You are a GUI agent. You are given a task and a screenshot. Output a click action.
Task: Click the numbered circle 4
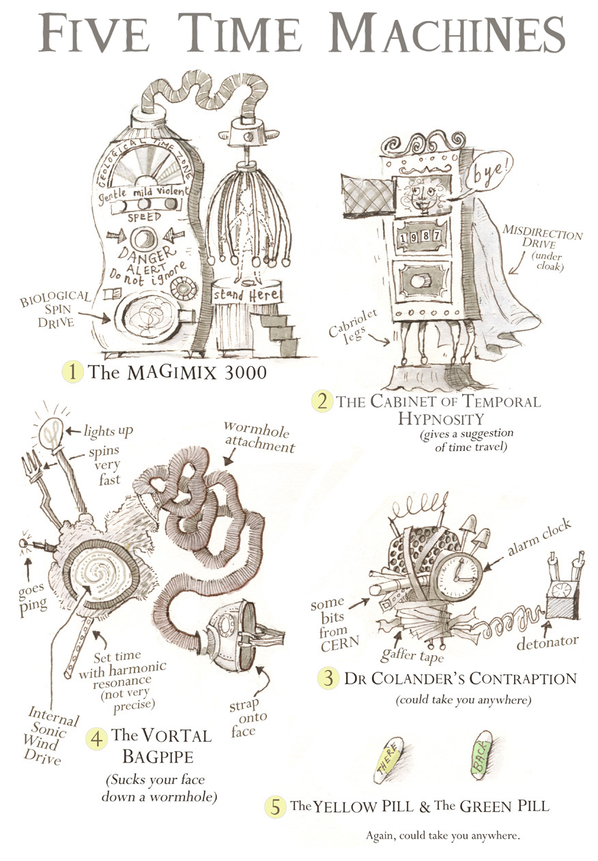tap(97, 738)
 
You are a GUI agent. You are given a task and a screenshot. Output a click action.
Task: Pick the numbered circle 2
tap(321, 400)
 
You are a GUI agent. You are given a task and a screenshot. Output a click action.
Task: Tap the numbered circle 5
tap(275, 806)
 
